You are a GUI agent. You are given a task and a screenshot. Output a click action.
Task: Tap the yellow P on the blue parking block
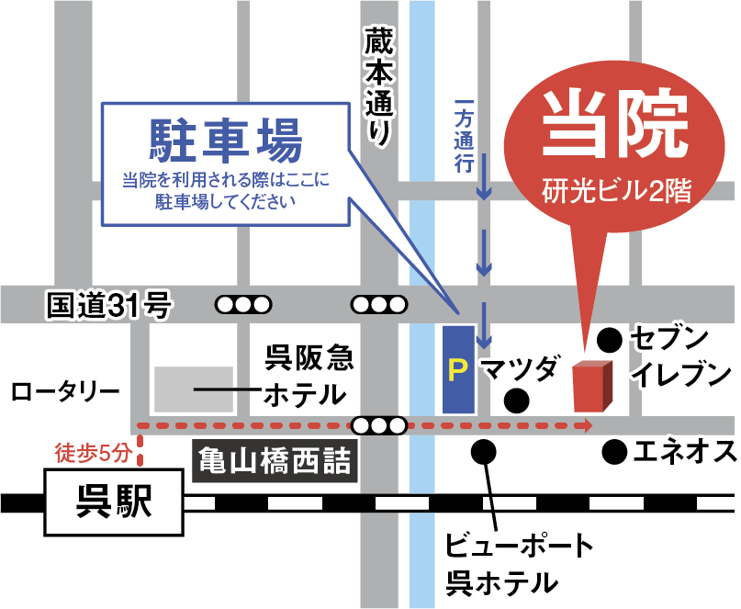point(458,369)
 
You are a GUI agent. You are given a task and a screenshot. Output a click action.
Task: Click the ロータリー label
point(65,393)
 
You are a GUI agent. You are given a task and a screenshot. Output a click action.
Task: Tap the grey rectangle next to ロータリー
point(194,389)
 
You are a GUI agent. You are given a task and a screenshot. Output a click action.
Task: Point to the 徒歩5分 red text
point(94,452)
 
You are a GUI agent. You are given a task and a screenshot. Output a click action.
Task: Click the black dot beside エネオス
point(613,451)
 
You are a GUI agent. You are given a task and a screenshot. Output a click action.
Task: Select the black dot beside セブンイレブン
point(608,340)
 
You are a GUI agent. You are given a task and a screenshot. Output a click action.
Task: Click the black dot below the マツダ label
point(517,400)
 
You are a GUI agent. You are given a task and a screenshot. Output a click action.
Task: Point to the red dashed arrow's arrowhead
point(584,425)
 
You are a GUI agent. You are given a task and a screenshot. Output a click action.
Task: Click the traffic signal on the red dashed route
point(379,425)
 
